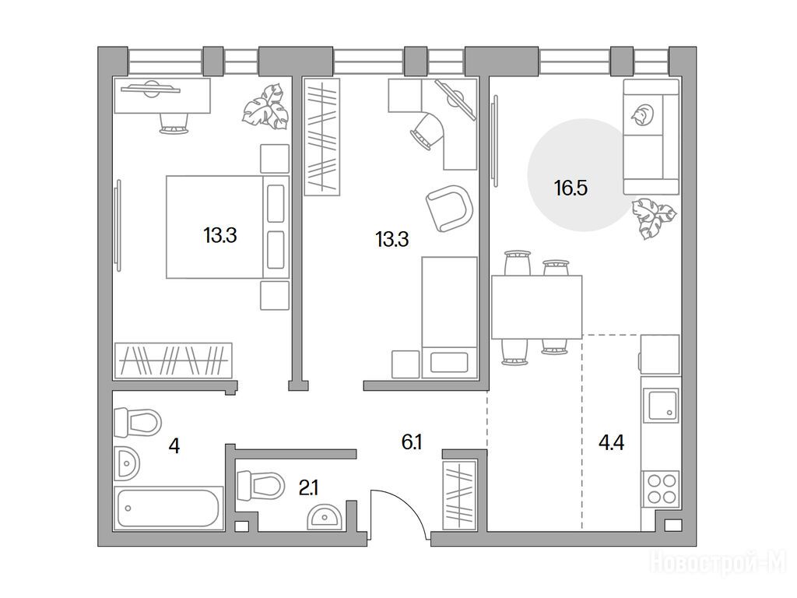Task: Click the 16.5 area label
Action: click(571, 188)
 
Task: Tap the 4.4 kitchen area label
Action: click(611, 443)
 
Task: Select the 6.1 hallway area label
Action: click(412, 442)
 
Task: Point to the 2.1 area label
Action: click(308, 489)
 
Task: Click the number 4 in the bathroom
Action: click(174, 446)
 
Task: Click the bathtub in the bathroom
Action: click(168, 508)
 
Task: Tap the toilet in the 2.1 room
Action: click(260, 486)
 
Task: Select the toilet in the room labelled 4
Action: click(137, 422)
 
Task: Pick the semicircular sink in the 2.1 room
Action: click(325, 518)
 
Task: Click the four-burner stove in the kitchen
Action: click(660, 489)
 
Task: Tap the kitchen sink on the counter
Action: click(661, 405)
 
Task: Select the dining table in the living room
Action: click(537, 307)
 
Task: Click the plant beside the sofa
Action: click(654, 218)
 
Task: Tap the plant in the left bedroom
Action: click(265, 106)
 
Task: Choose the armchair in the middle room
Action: click(449, 208)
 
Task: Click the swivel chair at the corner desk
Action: click(428, 130)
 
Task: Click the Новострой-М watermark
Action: click(718, 562)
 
